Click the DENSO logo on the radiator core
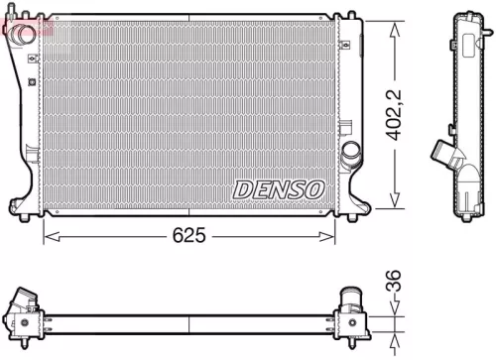click(x=278, y=187)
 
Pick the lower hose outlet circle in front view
click(x=350, y=154)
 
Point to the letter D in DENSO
click(x=242, y=187)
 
